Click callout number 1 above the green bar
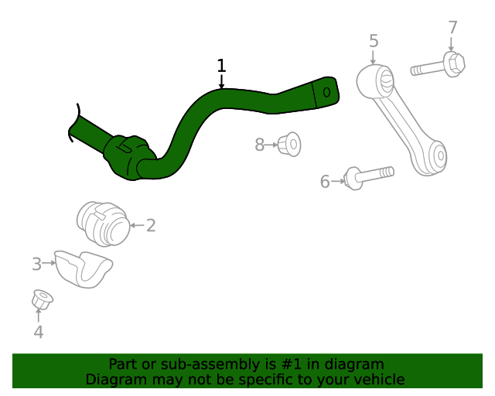[x=221, y=66]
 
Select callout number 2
[x=151, y=226]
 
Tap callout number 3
[x=36, y=265]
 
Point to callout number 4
[x=38, y=333]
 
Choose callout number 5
[x=374, y=40]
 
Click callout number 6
[x=325, y=182]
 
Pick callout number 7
[x=453, y=28]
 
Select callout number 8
[x=260, y=144]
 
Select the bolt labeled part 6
[x=367, y=176]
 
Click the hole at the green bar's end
[x=326, y=92]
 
